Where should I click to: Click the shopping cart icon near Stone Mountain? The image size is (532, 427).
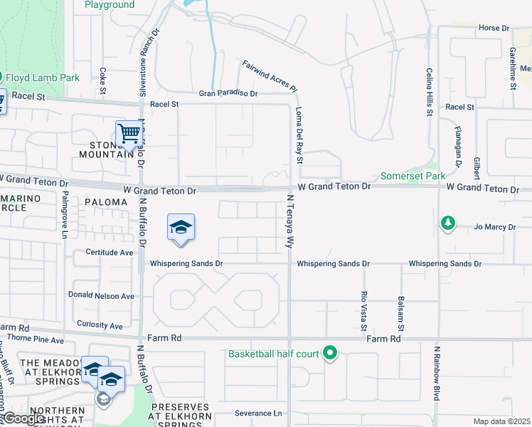click(129, 133)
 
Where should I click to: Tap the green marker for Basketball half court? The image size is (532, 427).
click(329, 352)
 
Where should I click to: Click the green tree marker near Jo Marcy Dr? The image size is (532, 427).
click(447, 224)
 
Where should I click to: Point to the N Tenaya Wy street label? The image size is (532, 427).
click(290, 221)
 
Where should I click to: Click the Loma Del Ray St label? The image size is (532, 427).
click(299, 135)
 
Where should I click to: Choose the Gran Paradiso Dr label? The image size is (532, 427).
click(228, 93)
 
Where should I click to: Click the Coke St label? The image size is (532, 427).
click(103, 80)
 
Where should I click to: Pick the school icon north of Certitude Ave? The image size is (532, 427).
click(181, 228)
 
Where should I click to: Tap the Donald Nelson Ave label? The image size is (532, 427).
click(101, 295)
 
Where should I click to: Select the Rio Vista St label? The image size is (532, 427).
click(363, 311)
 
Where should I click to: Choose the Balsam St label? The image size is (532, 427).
click(402, 314)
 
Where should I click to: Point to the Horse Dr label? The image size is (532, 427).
click(494, 28)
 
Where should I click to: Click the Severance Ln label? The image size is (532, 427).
click(258, 413)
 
